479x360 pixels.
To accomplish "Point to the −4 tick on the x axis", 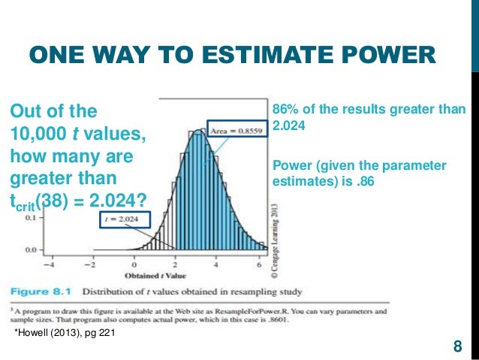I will (50, 264).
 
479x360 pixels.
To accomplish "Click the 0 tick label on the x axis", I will (134, 264).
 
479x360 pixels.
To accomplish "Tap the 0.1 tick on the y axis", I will (32, 218).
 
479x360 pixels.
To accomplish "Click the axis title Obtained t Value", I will (157, 275).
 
